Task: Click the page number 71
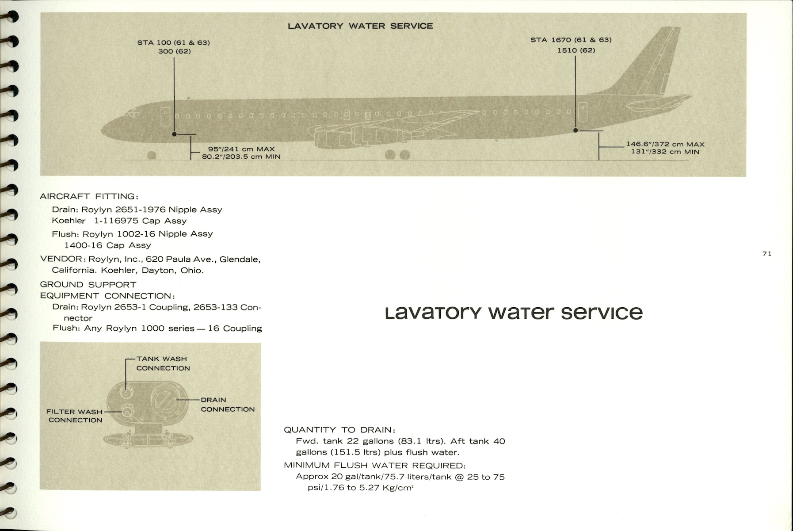coord(767,254)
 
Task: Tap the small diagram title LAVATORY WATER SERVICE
coord(360,26)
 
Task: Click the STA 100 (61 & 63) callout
coord(173,43)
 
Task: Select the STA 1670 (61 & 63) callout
coord(571,40)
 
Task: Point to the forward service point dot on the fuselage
coord(174,134)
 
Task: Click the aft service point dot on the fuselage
coord(576,130)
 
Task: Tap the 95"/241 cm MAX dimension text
coord(241,149)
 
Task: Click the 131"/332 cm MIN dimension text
coord(665,152)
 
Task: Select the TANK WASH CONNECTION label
coord(162,363)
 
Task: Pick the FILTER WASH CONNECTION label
coord(75,416)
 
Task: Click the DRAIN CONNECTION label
coord(227,405)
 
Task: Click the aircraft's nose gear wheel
coord(152,155)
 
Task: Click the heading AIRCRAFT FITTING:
coord(89,196)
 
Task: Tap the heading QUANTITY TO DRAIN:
coord(339,430)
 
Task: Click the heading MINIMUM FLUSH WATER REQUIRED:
coord(374,465)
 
